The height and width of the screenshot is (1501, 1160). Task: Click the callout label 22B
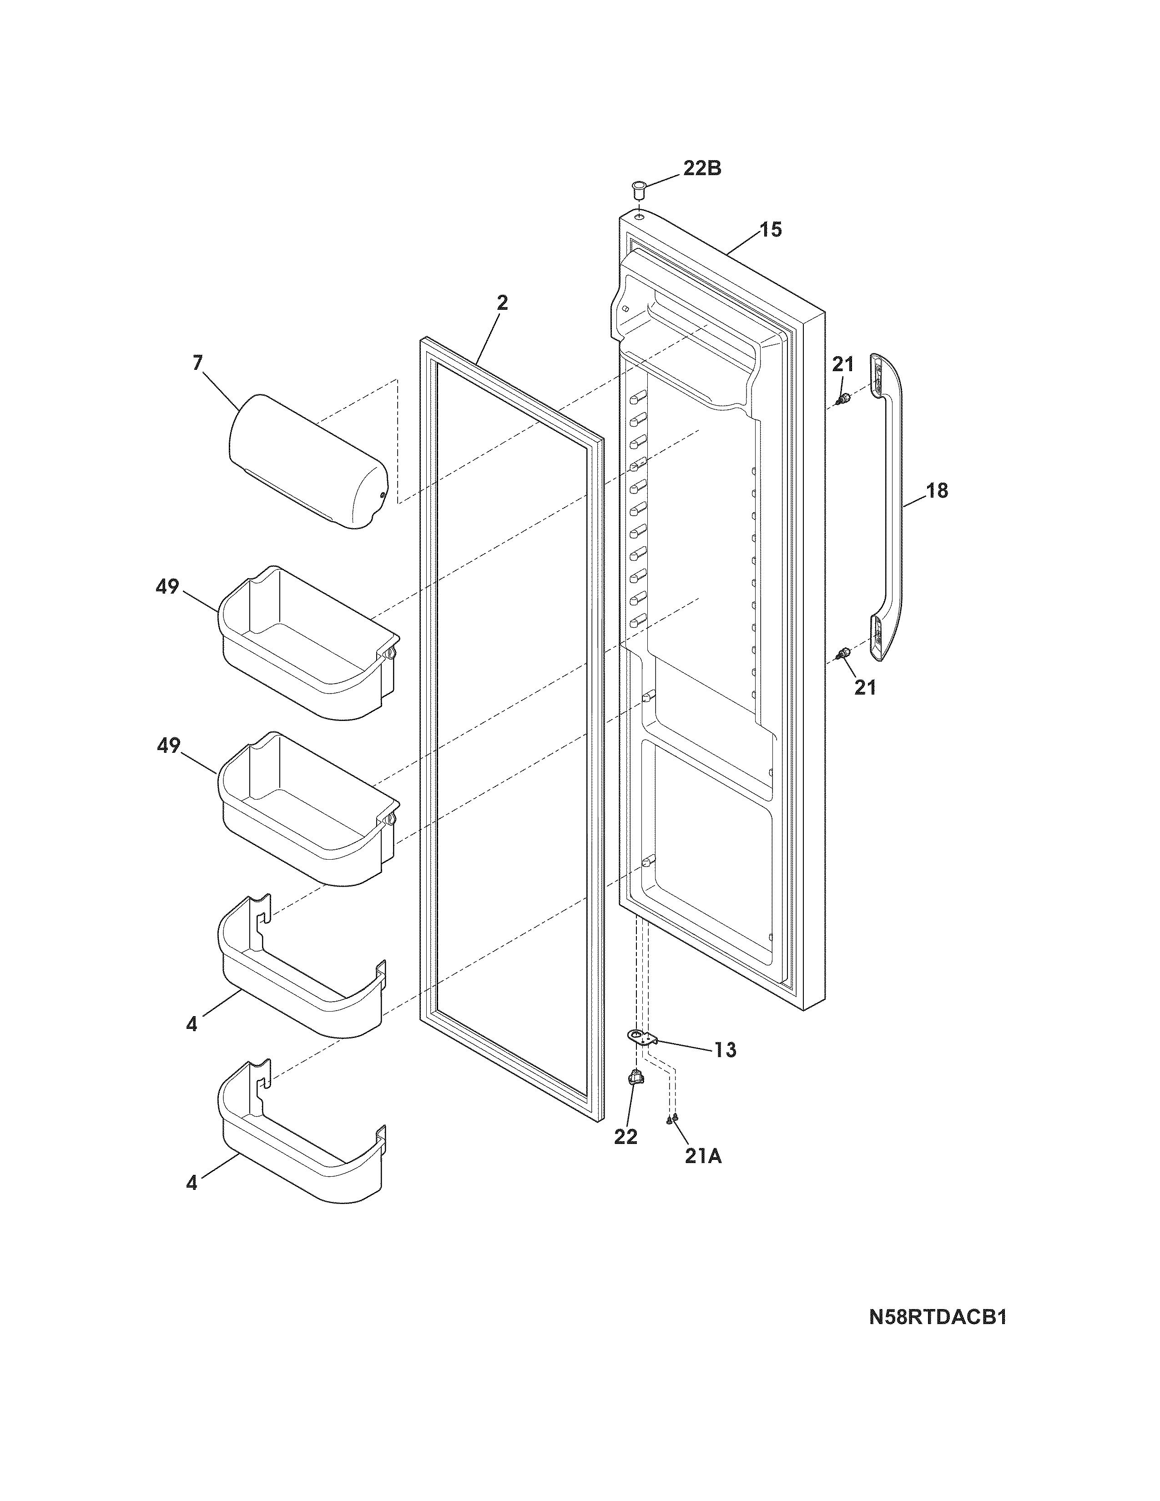(x=701, y=168)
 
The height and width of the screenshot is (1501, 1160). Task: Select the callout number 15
(x=771, y=230)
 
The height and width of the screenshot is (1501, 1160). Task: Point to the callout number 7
(x=198, y=363)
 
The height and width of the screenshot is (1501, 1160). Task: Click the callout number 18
(x=937, y=491)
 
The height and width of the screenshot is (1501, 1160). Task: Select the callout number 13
(x=725, y=1050)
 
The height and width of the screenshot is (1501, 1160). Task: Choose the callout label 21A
(x=703, y=1157)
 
